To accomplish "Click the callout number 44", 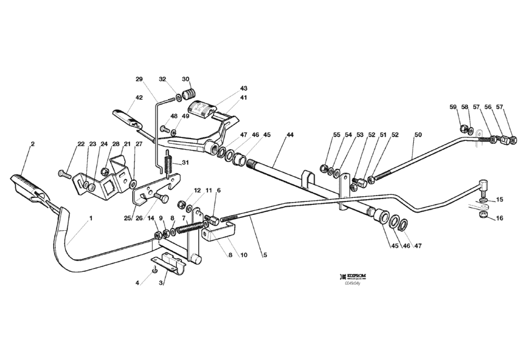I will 290,135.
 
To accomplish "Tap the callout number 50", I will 418,135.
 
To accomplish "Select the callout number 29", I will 139,79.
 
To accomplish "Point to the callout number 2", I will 32,144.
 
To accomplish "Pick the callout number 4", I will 138,282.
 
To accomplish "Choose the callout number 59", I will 453,107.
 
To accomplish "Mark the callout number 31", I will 186,163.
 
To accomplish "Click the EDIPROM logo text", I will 358,275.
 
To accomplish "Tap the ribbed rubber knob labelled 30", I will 190,93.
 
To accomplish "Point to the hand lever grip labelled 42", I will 126,117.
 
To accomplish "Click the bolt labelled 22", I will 63,174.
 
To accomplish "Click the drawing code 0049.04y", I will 354,282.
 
